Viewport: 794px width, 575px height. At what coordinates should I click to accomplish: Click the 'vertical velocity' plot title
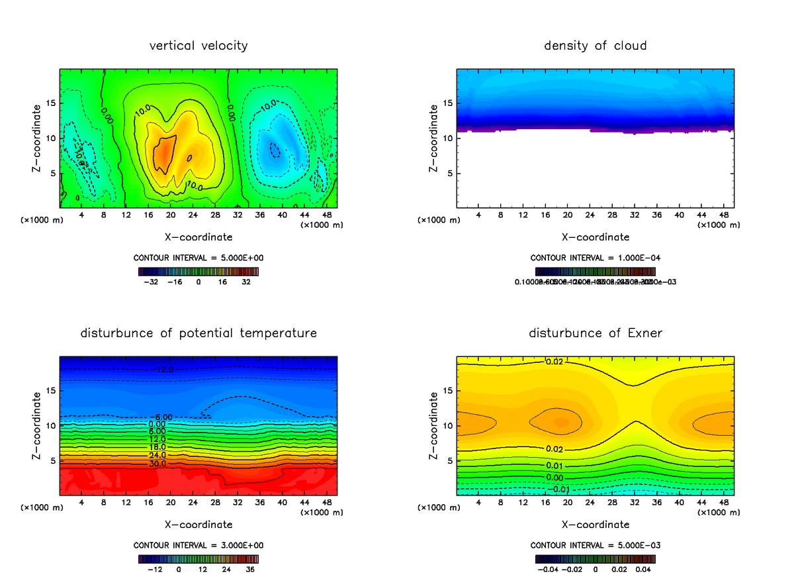198,46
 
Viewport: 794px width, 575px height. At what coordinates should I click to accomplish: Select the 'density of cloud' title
595,46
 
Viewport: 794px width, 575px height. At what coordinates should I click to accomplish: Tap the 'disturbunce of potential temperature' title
198,333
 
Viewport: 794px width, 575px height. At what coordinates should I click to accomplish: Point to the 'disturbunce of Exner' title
595,333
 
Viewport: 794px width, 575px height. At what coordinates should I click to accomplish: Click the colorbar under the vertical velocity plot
198,272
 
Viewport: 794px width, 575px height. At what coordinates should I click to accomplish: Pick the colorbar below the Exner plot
595,558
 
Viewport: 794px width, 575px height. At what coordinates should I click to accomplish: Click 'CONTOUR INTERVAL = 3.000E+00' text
198,545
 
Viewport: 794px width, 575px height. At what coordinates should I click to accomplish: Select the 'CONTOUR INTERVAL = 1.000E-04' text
595,258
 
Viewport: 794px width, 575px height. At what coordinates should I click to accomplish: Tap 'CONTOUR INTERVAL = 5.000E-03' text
595,545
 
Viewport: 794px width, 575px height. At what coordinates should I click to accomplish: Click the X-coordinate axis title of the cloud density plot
595,237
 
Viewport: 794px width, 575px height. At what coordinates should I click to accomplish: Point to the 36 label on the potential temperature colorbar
251,568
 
